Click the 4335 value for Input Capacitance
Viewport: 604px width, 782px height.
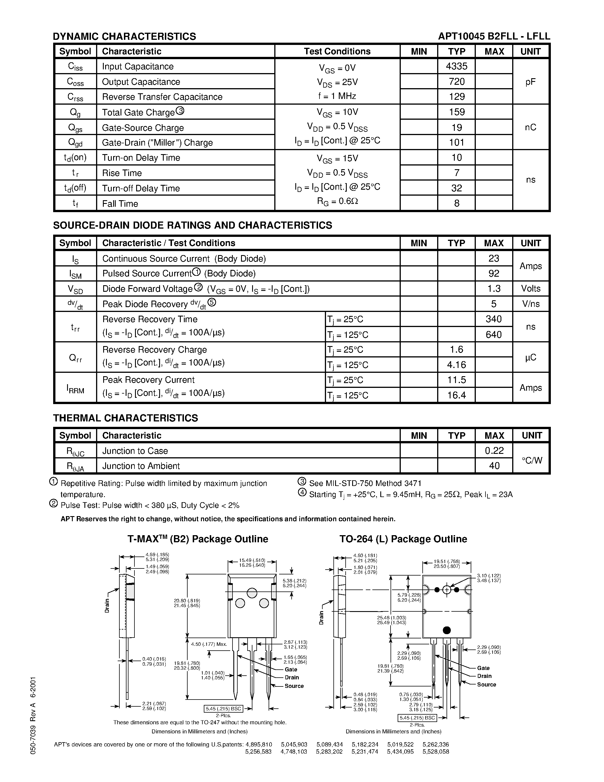click(x=456, y=66)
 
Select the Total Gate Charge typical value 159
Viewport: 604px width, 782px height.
click(x=456, y=112)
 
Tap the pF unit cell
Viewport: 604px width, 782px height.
click(x=530, y=82)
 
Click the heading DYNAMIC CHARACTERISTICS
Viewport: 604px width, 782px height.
click(x=124, y=36)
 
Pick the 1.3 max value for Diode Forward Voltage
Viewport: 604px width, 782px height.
click(x=494, y=289)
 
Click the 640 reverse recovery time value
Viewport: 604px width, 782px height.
click(x=494, y=334)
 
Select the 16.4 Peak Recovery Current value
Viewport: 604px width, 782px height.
click(x=456, y=395)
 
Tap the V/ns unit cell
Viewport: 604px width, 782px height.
click(x=530, y=304)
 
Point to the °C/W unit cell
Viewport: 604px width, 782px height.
click(x=532, y=460)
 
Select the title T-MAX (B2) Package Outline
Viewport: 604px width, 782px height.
click(x=198, y=539)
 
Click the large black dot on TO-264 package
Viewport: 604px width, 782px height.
click(x=447, y=630)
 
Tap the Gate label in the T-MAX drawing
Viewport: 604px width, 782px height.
click(x=291, y=669)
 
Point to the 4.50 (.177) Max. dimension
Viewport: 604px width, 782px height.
click(x=209, y=644)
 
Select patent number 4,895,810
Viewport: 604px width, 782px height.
click(x=259, y=744)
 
